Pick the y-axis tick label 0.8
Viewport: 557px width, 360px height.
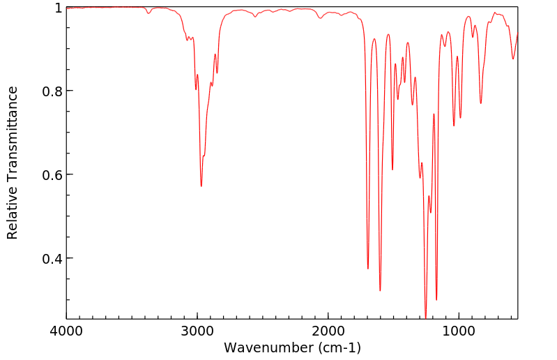(x=52, y=91)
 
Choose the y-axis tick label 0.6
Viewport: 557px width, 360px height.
(x=52, y=175)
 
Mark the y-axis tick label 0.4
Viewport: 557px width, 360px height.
(x=52, y=259)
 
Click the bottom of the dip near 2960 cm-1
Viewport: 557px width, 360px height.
(x=201, y=186)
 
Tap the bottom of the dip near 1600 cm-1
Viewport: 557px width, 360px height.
(x=380, y=290)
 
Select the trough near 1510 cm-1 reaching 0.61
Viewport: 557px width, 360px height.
(x=392, y=170)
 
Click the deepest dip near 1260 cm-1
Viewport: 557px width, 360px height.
(x=425, y=317)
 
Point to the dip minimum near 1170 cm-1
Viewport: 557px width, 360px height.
(x=436, y=300)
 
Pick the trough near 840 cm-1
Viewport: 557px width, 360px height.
(x=481, y=103)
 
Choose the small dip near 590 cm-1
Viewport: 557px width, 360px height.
(x=513, y=59)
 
